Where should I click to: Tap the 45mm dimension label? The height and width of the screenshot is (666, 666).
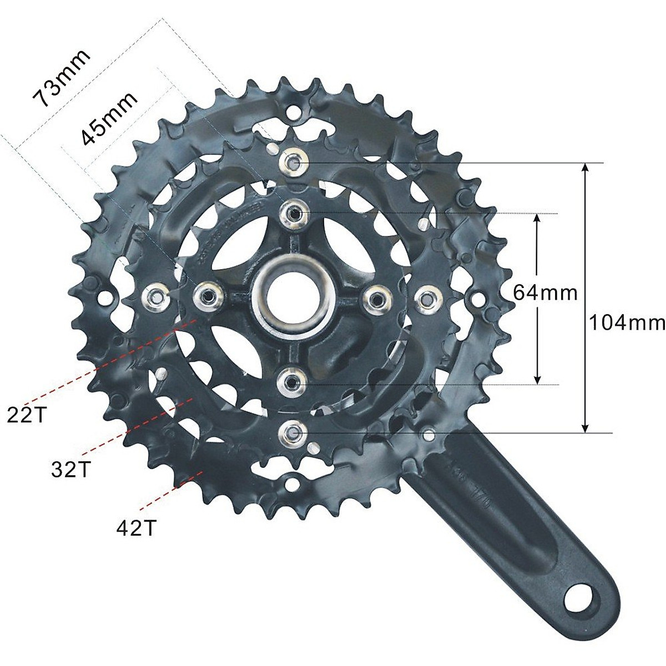click(109, 119)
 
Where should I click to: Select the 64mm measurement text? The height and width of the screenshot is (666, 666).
click(544, 292)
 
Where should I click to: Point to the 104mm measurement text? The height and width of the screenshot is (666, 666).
click(626, 322)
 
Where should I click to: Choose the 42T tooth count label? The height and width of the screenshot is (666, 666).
click(136, 528)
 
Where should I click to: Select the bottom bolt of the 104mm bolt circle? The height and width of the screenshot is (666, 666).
click(292, 431)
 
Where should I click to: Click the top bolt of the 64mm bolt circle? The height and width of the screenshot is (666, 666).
click(292, 211)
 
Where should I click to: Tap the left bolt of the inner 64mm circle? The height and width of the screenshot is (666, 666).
click(206, 296)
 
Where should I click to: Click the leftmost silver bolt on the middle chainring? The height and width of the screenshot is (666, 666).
click(156, 295)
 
